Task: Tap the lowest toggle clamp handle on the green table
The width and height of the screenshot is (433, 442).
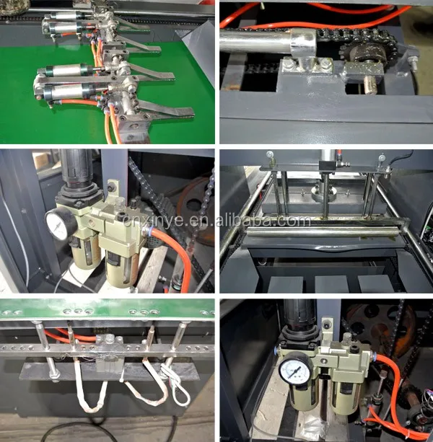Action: tap(170, 114)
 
